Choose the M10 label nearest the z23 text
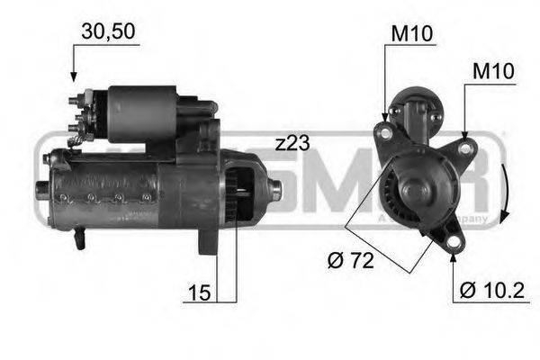pyautogui.click(x=411, y=34)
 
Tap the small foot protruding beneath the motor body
pyautogui.click(x=80, y=238)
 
